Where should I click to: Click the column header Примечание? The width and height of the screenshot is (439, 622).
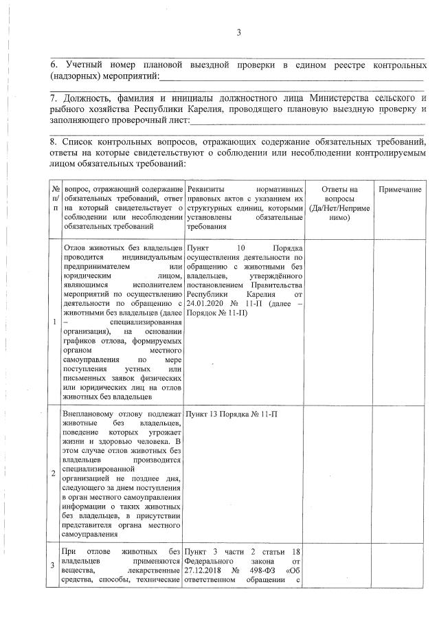pos(399,189)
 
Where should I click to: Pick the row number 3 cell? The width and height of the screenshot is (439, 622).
pos(54,565)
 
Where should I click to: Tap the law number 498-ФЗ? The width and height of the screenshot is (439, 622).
pos(266,570)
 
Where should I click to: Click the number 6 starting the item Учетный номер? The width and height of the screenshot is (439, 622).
pos(54,64)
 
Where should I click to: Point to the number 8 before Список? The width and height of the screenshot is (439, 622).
pos(54,142)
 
